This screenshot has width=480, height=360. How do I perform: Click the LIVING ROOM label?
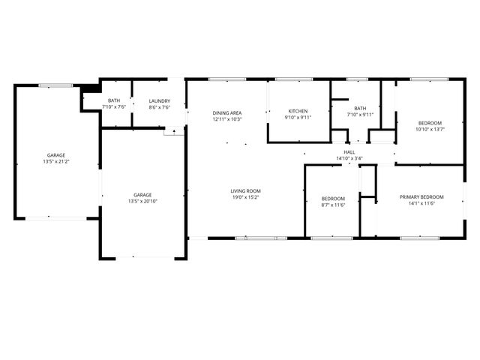(245, 191)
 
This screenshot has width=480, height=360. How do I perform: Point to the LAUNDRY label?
(159, 100)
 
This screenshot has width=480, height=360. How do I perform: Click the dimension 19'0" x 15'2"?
(245, 198)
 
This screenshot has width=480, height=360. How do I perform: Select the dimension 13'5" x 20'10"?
(142, 201)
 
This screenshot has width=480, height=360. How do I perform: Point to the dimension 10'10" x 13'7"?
(430, 129)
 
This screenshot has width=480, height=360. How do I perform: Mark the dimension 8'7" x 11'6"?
(332, 204)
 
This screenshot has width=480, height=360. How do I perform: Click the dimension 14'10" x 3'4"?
(349, 158)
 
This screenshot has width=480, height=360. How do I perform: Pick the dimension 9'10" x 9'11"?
(297, 118)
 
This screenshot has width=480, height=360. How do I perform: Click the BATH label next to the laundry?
(114, 100)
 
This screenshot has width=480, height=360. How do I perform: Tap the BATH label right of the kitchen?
(358, 108)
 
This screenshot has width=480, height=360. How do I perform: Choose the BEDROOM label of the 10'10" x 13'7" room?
(430, 122)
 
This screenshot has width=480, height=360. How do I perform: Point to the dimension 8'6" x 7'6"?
(159, 107)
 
